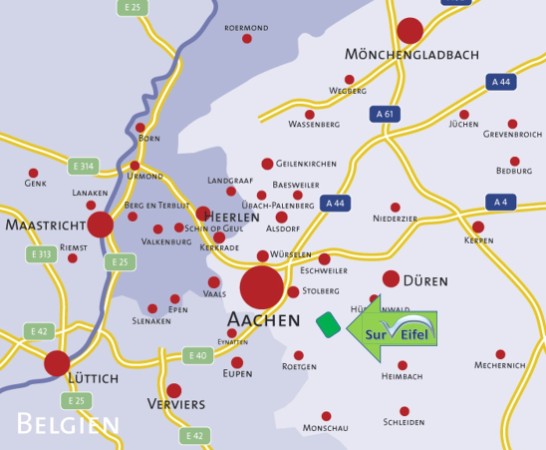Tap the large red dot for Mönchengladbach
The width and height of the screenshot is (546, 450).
[410, 30]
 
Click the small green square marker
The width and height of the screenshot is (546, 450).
[326, 323]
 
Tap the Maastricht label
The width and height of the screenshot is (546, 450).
[44, 225]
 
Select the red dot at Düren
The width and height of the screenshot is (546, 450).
[391, 279]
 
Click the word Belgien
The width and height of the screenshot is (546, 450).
[67, 424]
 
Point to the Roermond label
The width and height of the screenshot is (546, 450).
[246, 27]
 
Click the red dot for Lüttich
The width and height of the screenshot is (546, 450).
[57, 363]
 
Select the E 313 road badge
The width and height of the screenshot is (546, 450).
[40, 254]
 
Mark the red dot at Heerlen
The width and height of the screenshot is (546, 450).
[204, 214]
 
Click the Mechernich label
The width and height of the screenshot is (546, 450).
[501, 366]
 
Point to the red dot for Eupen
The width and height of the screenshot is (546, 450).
[237, 363]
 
